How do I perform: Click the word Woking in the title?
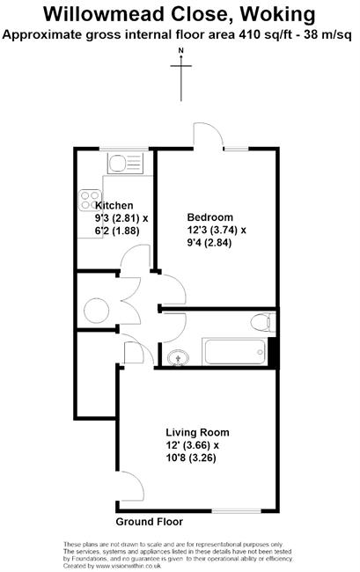tap(277, 15)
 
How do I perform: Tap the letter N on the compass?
tap(181, 50)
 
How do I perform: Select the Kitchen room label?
tap(114, 205)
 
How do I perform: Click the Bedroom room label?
tap(209, 217)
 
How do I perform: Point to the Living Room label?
tap(197, 433)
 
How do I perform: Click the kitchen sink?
tap(125, 164)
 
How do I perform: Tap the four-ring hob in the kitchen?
tap(90, 201)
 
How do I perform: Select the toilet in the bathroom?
tap(263, 322)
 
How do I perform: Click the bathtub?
tap(234, 352)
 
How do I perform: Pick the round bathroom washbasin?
tap(178, 357)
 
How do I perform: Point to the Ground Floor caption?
tap(149, 522)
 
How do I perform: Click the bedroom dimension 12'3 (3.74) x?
tap(217, 231)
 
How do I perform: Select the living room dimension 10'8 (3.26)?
tap(191, 458)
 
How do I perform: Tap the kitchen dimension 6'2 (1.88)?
tap(117, 231)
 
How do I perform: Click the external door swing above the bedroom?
tap(209, 135)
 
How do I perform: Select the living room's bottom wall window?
tap(237, 511)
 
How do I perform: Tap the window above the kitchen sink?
tap(124, 149)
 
